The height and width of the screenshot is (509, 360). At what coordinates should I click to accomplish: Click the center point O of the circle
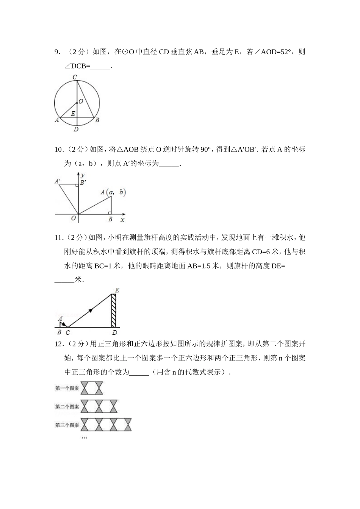[x=77, y=102]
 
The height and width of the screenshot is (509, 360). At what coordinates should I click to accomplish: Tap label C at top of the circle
[x=75, y=77]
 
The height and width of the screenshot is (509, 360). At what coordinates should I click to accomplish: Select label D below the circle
[x=76, y=130]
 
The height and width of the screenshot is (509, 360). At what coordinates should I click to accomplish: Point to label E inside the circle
[x=73, y=114]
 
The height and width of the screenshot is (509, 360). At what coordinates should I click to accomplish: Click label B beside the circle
[x=97, y=120]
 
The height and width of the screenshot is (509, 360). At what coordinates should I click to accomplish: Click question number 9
[x=57, y=52]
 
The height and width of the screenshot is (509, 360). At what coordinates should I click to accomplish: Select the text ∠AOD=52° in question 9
[x=273, y=52]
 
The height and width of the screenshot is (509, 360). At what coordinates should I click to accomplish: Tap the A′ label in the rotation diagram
[x=58, y=181]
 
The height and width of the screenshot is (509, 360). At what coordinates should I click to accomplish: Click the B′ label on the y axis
[x=83, y=183]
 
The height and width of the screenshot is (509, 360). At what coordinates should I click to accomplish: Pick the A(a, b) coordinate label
[x=113, y=192]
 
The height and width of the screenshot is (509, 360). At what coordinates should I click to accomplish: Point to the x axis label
[x=122, y=220]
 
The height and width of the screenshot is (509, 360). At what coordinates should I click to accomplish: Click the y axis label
[x=82, y=175]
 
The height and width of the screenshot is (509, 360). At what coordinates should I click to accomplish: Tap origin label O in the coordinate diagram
[x=74, y=219]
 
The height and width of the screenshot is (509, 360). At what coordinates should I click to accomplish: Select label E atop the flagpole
[x=117, y=290]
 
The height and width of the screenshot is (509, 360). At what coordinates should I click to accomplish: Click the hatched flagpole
[x=114, y=311]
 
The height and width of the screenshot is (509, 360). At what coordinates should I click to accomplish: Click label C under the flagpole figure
[x=67, y=333]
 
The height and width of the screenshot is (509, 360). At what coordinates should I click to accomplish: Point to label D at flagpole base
[x=114, y=333]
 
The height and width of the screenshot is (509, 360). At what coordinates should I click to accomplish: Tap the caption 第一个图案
[x=67, y=388]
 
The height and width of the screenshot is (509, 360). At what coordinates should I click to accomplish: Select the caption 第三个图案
[x=67, y=425]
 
